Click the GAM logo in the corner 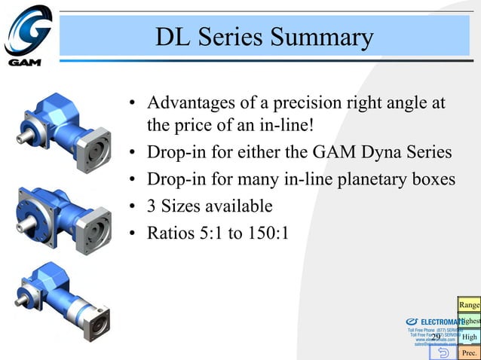coord(28,35)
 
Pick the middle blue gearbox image coord(65,215)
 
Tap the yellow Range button coord(469,304)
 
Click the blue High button coord(470,337)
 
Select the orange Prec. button coord(470,352)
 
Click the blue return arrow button coord(443,352)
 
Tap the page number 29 coord(436,336)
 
